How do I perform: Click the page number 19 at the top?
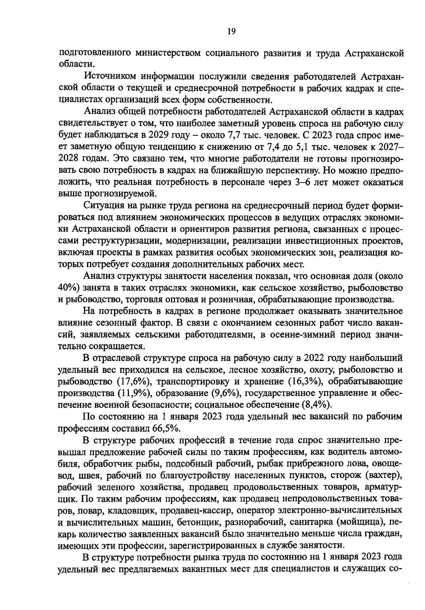[x=231, y=31]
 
